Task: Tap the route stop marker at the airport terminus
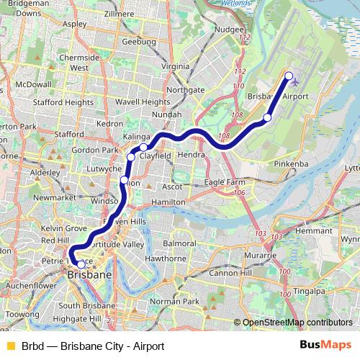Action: pyautogui.click(x=289, y=76)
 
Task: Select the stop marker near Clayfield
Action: pyautogui.click(x=143, y=147)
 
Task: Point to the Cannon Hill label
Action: pyautogui.click(x=228, y=274)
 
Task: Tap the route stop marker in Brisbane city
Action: pyautogui.click(x=81, y=264)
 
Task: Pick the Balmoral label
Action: pyautogui.click(x=179, y=244)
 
